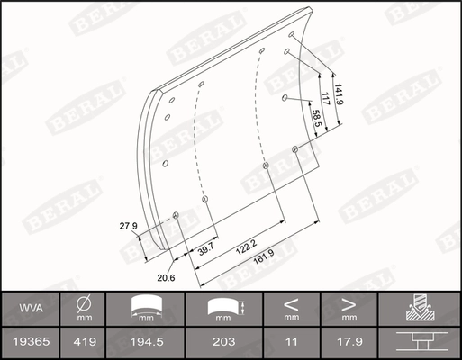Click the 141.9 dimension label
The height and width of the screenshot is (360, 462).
(339, 94)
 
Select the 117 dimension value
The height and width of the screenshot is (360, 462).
(325, 99)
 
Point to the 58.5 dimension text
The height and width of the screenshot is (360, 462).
(316, 118)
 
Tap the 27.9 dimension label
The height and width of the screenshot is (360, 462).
(128, 226)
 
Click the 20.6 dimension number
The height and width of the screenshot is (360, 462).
(166, 278)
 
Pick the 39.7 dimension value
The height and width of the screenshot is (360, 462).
(205, 248)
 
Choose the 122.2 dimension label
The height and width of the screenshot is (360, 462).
(247, 247)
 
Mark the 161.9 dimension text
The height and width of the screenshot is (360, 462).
(264, 257)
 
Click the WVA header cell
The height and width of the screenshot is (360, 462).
(31, 308)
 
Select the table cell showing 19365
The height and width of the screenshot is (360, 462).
(31, 341)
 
